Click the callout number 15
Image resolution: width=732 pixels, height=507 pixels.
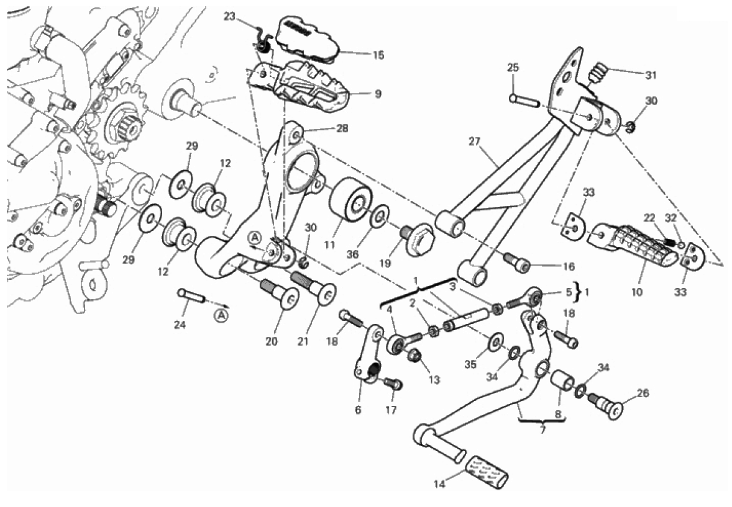pos(378,55)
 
